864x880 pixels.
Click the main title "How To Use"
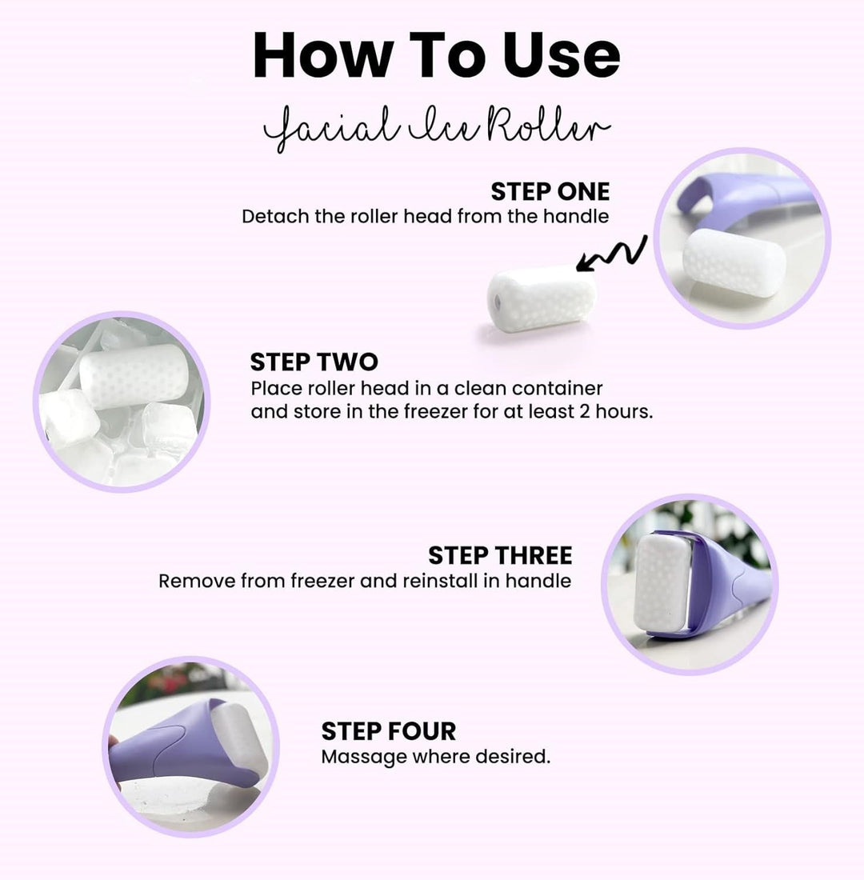point(436,56)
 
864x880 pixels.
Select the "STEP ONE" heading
point(550,192)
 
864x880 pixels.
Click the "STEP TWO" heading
point(314,362)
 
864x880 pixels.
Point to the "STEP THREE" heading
point(500,555)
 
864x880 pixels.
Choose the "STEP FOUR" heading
point(388,731)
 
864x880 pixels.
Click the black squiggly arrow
point(612,256)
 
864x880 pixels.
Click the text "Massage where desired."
point(435,757)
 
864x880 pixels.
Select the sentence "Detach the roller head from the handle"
point(425,217)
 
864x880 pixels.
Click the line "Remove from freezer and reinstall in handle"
point(365,581)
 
